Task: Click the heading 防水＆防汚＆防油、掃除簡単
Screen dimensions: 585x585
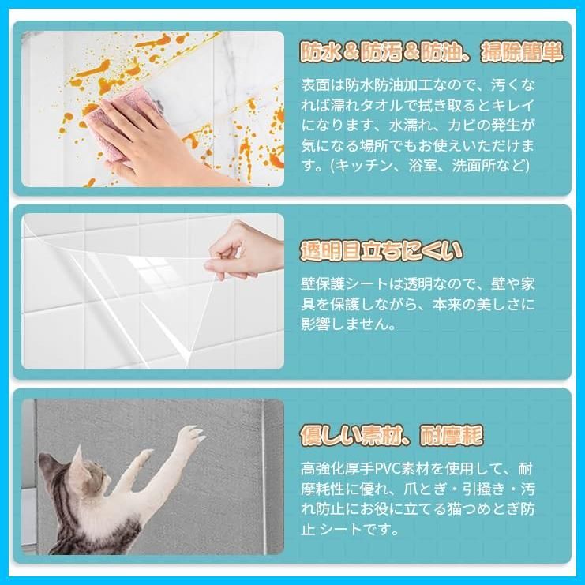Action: [x=431, y=52]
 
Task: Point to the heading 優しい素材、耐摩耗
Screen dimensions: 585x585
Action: [x=392, y=435]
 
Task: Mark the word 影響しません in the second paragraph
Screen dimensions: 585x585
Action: [x=351, y=324]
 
